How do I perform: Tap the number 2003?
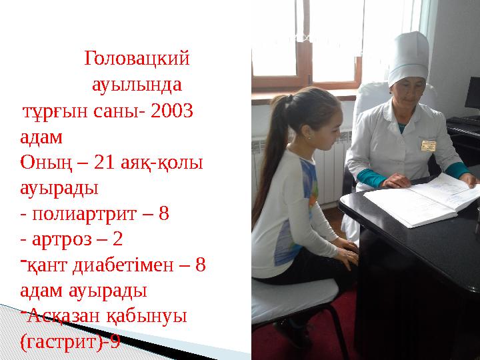173,111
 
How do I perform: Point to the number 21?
85,163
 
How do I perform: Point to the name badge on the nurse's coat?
427,145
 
